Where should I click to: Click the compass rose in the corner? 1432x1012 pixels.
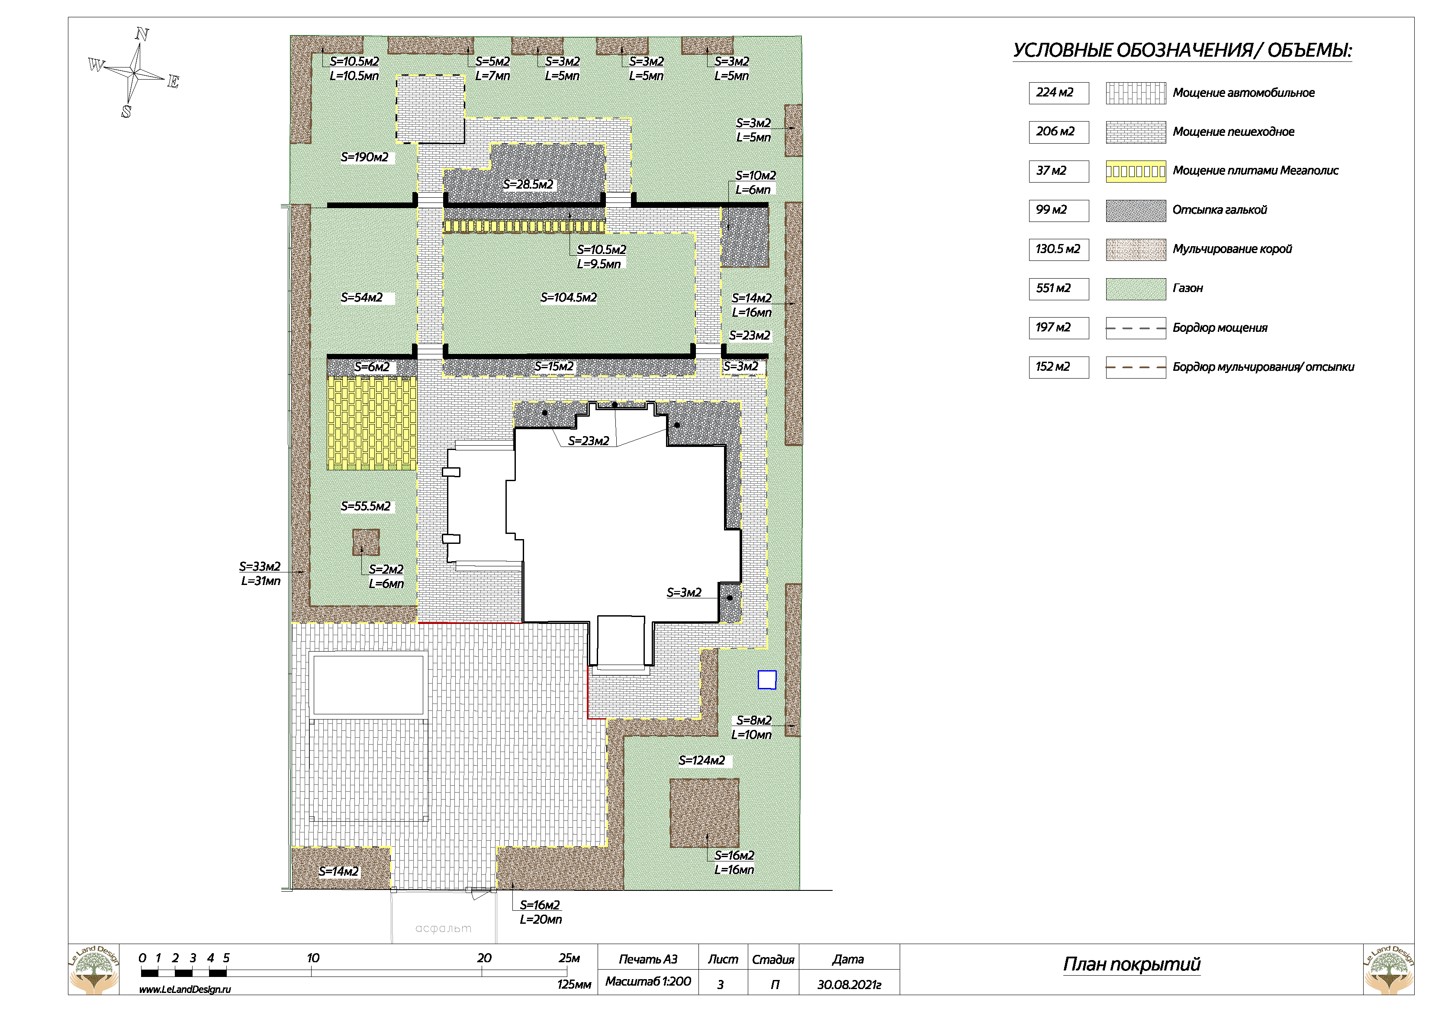(134, 73)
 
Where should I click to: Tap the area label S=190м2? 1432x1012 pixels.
(364, 157)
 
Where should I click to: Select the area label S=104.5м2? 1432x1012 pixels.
(568, 297)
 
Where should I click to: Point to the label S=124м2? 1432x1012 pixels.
(702, 760)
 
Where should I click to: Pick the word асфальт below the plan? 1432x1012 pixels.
(444, 928)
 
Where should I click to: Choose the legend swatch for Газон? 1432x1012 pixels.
(1135, 289)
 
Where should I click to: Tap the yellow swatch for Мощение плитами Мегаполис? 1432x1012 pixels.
(1135, 171)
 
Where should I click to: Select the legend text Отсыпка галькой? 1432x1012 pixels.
(1220, 210)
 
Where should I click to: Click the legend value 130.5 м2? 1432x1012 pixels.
(1058, 249)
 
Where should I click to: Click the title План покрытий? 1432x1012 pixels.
(1131, 964)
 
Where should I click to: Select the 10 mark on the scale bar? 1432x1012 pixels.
(312, 958)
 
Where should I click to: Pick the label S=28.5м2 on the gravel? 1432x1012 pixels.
(528, 185)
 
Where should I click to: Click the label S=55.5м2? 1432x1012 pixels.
(366, 506)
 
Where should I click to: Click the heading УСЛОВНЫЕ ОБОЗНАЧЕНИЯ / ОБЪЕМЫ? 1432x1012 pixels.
(1182, 51)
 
